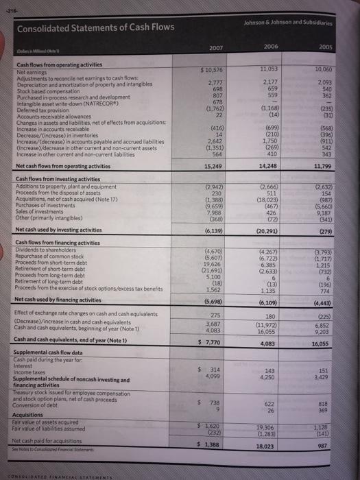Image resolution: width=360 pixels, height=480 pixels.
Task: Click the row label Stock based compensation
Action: click(x=49, y=88)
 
